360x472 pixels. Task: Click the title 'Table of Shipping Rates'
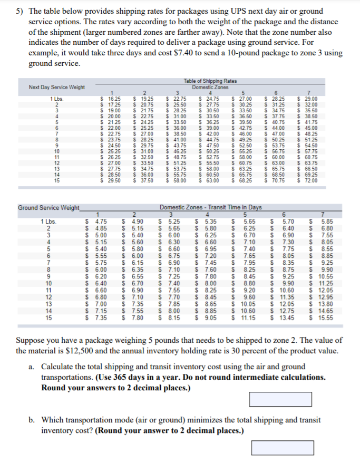210,81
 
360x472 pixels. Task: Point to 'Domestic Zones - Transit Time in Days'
211,207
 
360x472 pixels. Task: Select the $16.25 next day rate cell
111,99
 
